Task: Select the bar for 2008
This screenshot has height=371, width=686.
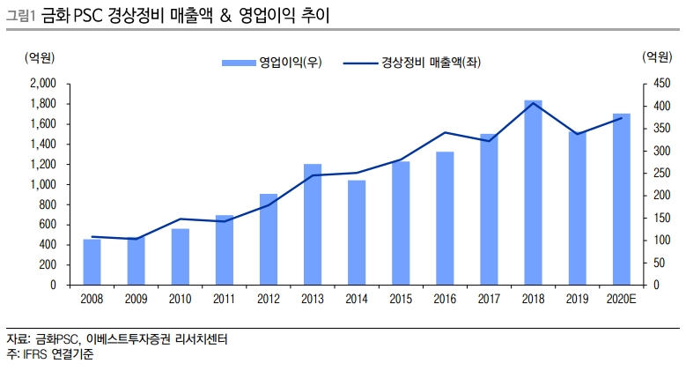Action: tap(92, 262)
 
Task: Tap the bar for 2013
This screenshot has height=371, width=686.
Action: tap(312, 224)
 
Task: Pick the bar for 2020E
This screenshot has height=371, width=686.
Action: tap(621, 199)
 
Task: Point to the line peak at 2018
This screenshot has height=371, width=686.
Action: tap(532, 103)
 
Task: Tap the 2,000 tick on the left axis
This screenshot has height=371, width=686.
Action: tap(42, 84)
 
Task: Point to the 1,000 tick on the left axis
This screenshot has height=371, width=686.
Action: tap(42, 184)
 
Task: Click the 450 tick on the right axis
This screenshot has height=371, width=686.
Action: tap(650, 84)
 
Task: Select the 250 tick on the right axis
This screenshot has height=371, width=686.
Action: tap(650, 174)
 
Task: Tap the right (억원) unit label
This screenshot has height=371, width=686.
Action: tap(652, 59)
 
